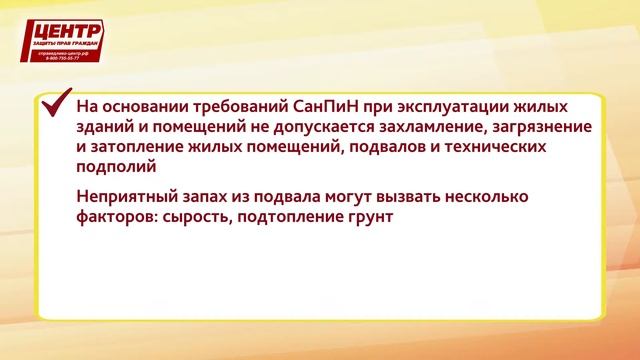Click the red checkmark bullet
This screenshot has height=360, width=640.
coord(54,104)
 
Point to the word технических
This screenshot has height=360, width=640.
coord(493,148)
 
